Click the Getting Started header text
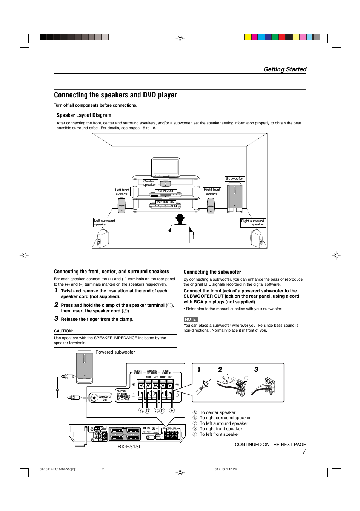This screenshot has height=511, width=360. tap(285, 69)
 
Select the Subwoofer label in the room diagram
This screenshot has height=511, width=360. tap(234, 179)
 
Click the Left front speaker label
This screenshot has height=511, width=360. tap(122, 192)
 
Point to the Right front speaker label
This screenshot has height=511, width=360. tap(212, 191)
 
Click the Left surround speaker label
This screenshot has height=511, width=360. tap(104, 222)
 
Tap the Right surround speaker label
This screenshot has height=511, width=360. tap(253, 223)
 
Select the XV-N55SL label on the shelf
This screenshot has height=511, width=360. tap(166, 191)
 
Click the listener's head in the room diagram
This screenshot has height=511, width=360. tap(180, 218)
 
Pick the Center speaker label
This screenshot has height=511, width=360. tap(150, 183)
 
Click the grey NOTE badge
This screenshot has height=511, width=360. tap(191, 319)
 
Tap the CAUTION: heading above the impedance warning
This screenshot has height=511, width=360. tap(63, 331)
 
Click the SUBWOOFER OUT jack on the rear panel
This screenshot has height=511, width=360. tap(94, 398)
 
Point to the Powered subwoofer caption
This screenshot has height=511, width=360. tap(115, 352)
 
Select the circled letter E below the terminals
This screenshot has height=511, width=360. tap(172, 411)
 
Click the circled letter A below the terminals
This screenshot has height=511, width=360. tap(142, 411)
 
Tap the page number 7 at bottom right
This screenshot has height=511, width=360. tap(304, 451)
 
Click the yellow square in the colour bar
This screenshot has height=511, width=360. tap(248, 37)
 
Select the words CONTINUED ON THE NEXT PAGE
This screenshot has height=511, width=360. tap(270, 445)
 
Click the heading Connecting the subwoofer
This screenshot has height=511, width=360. tap(212, 272)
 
